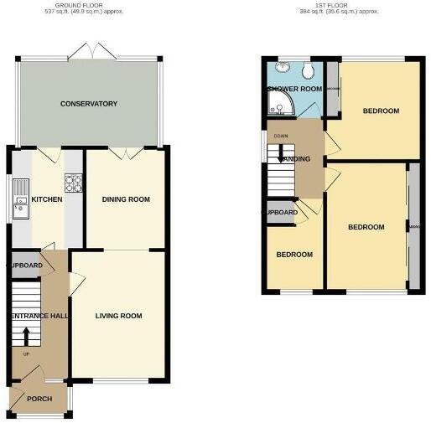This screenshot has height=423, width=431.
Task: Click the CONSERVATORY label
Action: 88,104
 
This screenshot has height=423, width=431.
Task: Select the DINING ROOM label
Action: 126,199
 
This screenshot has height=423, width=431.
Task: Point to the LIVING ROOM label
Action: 118,316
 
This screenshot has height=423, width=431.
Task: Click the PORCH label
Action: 39,398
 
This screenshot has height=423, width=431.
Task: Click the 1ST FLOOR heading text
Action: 340,5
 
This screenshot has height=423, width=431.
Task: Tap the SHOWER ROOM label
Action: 294,89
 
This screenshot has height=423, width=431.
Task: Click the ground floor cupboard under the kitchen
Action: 25,266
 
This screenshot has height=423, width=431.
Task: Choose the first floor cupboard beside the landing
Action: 281,213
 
